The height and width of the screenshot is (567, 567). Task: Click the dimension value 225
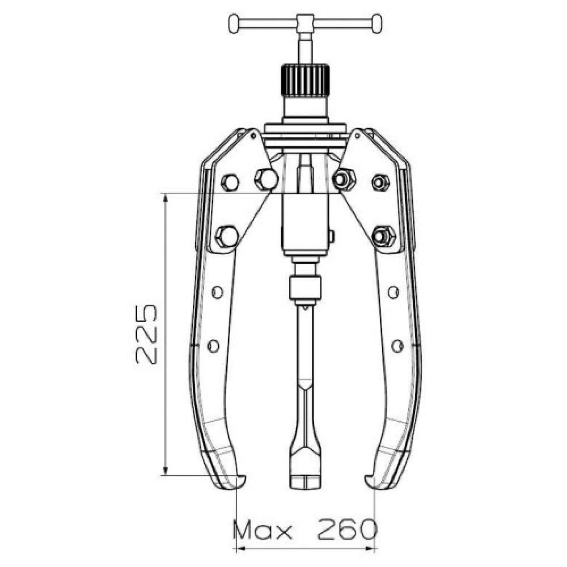pos(146,334)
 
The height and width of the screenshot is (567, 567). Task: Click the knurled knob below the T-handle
pos(305,79)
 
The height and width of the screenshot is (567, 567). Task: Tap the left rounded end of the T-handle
pos(234,24)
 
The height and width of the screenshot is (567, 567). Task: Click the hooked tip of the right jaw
pos(370,481)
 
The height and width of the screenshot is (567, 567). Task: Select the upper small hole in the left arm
pos(217,292)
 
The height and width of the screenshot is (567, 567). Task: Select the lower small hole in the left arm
pos(213,346)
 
